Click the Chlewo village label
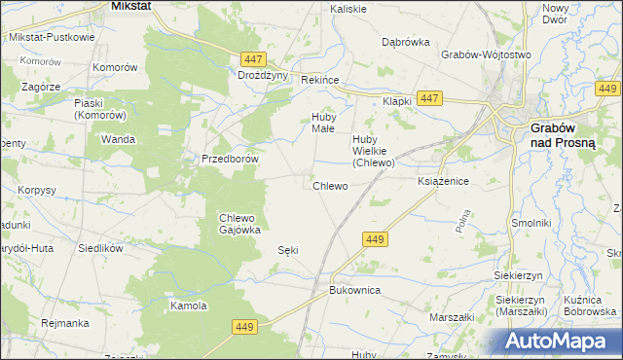330,185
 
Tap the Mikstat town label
129,6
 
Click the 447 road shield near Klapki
429,98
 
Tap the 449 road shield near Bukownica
376,238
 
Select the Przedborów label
229,159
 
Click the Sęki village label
288,250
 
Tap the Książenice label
444,182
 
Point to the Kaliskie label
348,9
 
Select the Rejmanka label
66,322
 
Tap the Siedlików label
100,248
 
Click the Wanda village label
118,139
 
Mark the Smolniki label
532,223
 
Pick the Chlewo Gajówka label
238,223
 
